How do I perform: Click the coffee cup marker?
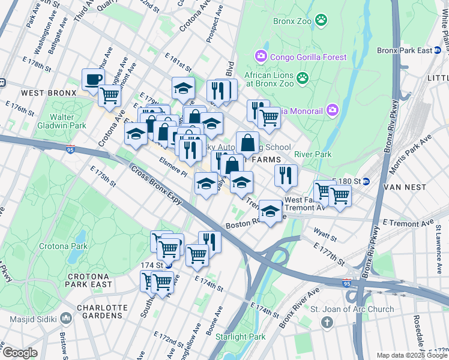93,79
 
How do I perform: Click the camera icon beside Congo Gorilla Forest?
261,57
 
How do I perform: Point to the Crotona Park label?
64,246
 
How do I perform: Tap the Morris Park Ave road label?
410,155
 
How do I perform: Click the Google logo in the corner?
20,353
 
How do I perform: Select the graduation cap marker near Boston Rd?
271,211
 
